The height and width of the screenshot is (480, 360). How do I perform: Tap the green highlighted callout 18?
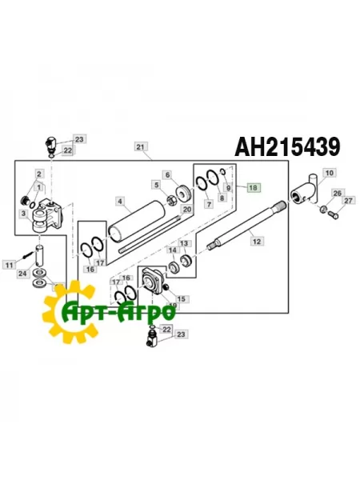click(x=254, y=188)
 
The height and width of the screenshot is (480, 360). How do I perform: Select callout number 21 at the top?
click(x=141, y=146)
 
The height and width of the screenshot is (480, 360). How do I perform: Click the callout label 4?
click(x=119, y=201)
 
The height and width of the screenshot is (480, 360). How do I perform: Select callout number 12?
click(x=256, y=239)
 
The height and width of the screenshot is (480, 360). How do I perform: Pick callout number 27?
click(x=347, y=201)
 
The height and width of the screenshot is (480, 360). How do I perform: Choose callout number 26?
click(x=337, y=193)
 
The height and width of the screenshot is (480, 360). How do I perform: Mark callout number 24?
click(x=22, y=274)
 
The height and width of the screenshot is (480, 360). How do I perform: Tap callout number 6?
click(x=168, y=174)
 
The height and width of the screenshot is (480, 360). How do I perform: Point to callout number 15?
click(x=181, y=299)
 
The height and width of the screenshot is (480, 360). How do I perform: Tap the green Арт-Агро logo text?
click(x=120, y=310)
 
